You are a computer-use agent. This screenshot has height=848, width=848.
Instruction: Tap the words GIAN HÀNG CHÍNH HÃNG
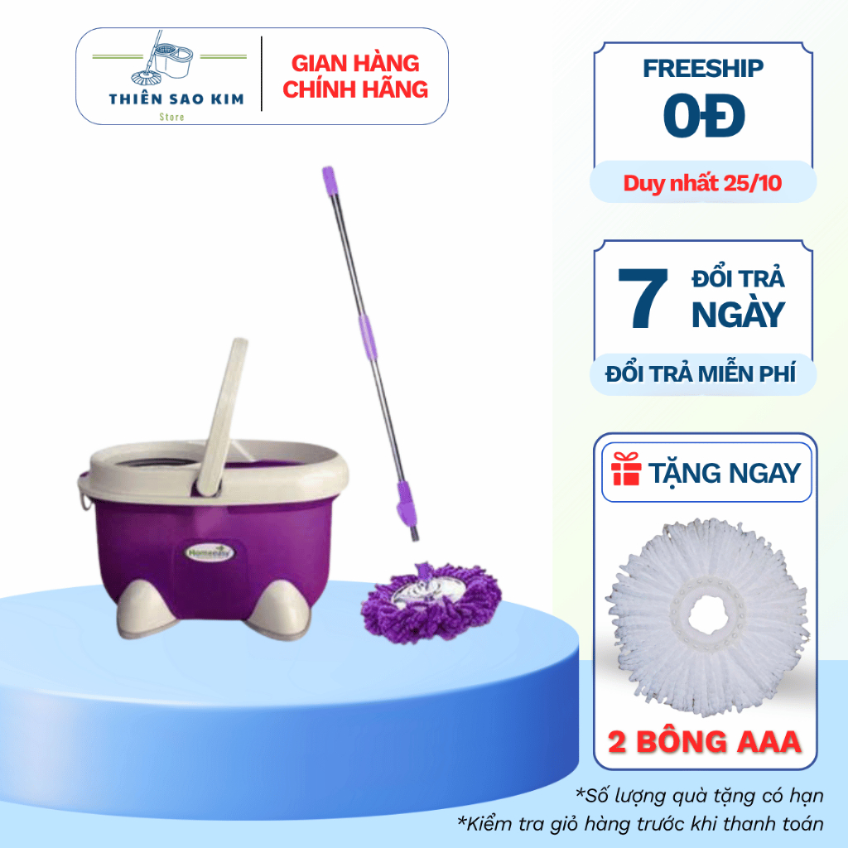(355, 76)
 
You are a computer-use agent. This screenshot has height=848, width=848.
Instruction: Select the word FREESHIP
(704, 70)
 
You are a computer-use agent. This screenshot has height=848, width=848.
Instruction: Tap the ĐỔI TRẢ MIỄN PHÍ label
(701, 373)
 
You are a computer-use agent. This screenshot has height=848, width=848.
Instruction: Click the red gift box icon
(626, 473)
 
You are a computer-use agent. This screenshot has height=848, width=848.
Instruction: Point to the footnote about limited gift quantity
(700, 796)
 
